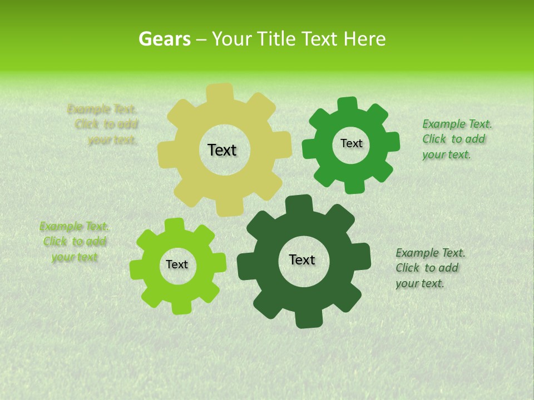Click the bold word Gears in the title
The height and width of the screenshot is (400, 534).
click(x=164, y=39)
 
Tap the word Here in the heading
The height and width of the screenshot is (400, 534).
click(x=364, y=39)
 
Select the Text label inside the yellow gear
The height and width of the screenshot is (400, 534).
click(x=222, y=150)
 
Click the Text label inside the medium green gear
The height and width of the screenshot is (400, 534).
click(x=351, y=143)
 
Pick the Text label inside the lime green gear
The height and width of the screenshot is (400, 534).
click(x=177, y=265)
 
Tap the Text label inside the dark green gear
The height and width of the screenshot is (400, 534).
click(x=302, y=260)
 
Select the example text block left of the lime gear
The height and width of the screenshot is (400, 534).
click(x=75, y=242)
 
